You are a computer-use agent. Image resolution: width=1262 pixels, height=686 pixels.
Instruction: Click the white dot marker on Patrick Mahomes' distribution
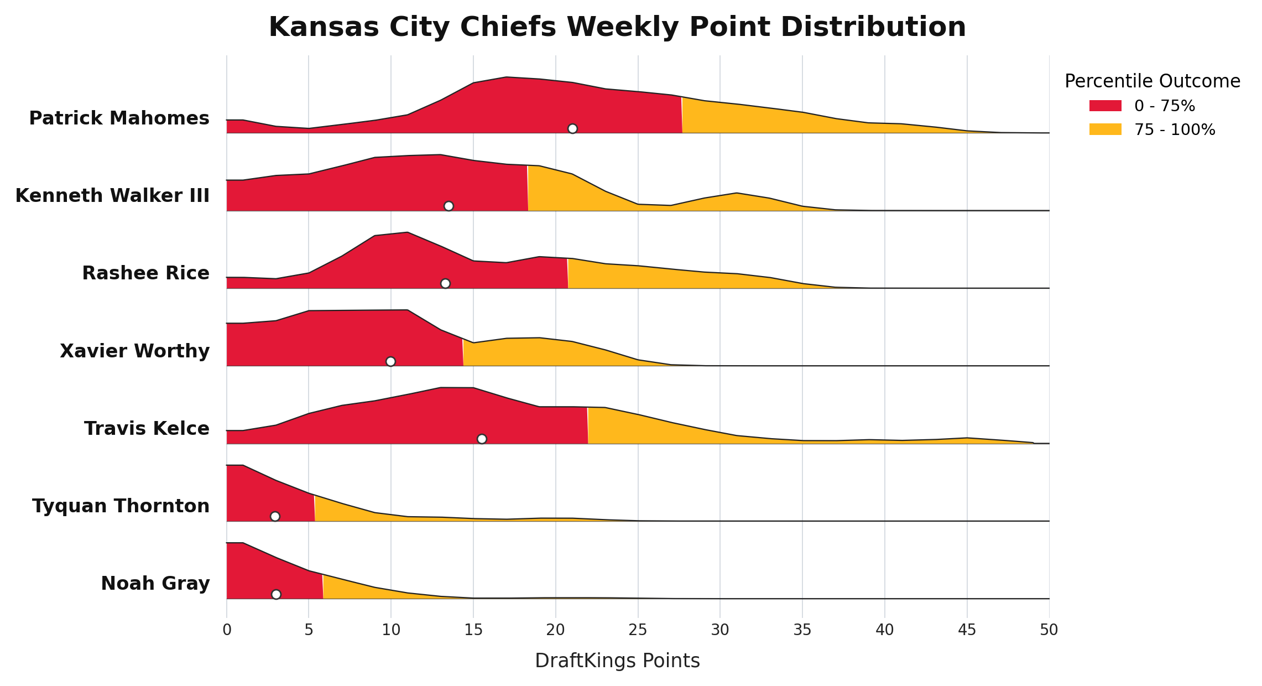572,128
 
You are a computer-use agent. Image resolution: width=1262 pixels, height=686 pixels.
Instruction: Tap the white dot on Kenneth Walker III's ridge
449,206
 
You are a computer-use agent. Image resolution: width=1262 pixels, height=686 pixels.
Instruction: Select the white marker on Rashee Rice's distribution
445,283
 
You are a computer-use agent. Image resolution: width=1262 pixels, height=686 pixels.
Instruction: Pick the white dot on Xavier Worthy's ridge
390,361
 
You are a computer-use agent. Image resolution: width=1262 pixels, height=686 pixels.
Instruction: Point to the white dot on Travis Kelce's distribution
482,439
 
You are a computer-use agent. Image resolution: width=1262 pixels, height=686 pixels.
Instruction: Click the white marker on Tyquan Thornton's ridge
275,516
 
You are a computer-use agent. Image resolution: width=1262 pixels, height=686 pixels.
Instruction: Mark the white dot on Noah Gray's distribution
276,594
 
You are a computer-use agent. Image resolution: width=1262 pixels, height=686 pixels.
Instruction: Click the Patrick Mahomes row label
119,118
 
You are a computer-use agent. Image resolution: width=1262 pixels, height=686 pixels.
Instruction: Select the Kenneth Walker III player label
112,195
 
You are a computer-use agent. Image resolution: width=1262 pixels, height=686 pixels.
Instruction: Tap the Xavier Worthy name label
135,351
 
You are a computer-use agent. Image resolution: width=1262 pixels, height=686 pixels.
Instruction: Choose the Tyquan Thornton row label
121,506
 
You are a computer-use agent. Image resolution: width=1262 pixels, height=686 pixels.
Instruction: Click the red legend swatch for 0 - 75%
1105,106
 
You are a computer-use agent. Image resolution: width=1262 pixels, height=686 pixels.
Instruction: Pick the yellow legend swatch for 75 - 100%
1105,129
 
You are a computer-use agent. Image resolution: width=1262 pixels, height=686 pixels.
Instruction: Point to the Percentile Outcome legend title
1153,81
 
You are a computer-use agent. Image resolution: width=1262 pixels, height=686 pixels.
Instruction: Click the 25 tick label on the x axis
638,630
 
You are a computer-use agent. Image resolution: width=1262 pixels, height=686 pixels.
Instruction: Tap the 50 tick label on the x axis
1049,630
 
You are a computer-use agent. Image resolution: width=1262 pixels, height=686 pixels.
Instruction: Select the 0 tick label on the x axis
227,630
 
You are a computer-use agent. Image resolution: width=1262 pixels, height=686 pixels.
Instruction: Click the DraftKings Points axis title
617,661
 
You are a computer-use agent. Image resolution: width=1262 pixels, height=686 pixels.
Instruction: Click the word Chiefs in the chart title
616,27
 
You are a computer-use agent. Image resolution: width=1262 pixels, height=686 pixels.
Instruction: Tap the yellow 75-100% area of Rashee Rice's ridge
664,278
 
